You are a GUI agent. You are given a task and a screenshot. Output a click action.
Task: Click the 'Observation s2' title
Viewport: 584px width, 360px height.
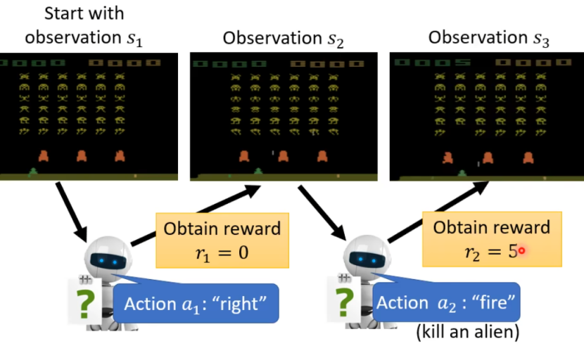284,39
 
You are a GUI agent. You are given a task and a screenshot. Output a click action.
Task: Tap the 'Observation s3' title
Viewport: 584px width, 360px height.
489,39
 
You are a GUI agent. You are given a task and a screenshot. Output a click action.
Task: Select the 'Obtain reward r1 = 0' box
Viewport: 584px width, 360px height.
222,240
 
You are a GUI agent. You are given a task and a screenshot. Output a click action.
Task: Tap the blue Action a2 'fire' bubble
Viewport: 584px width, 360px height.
447,303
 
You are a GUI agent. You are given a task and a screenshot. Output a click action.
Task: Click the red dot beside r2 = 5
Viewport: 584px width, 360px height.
522,250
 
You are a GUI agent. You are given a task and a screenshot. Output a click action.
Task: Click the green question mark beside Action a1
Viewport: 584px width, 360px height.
85,304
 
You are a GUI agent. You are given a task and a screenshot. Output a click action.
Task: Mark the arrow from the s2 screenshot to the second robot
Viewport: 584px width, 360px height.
320,212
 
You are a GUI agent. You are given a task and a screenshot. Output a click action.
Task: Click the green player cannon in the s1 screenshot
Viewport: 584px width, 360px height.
32,169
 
